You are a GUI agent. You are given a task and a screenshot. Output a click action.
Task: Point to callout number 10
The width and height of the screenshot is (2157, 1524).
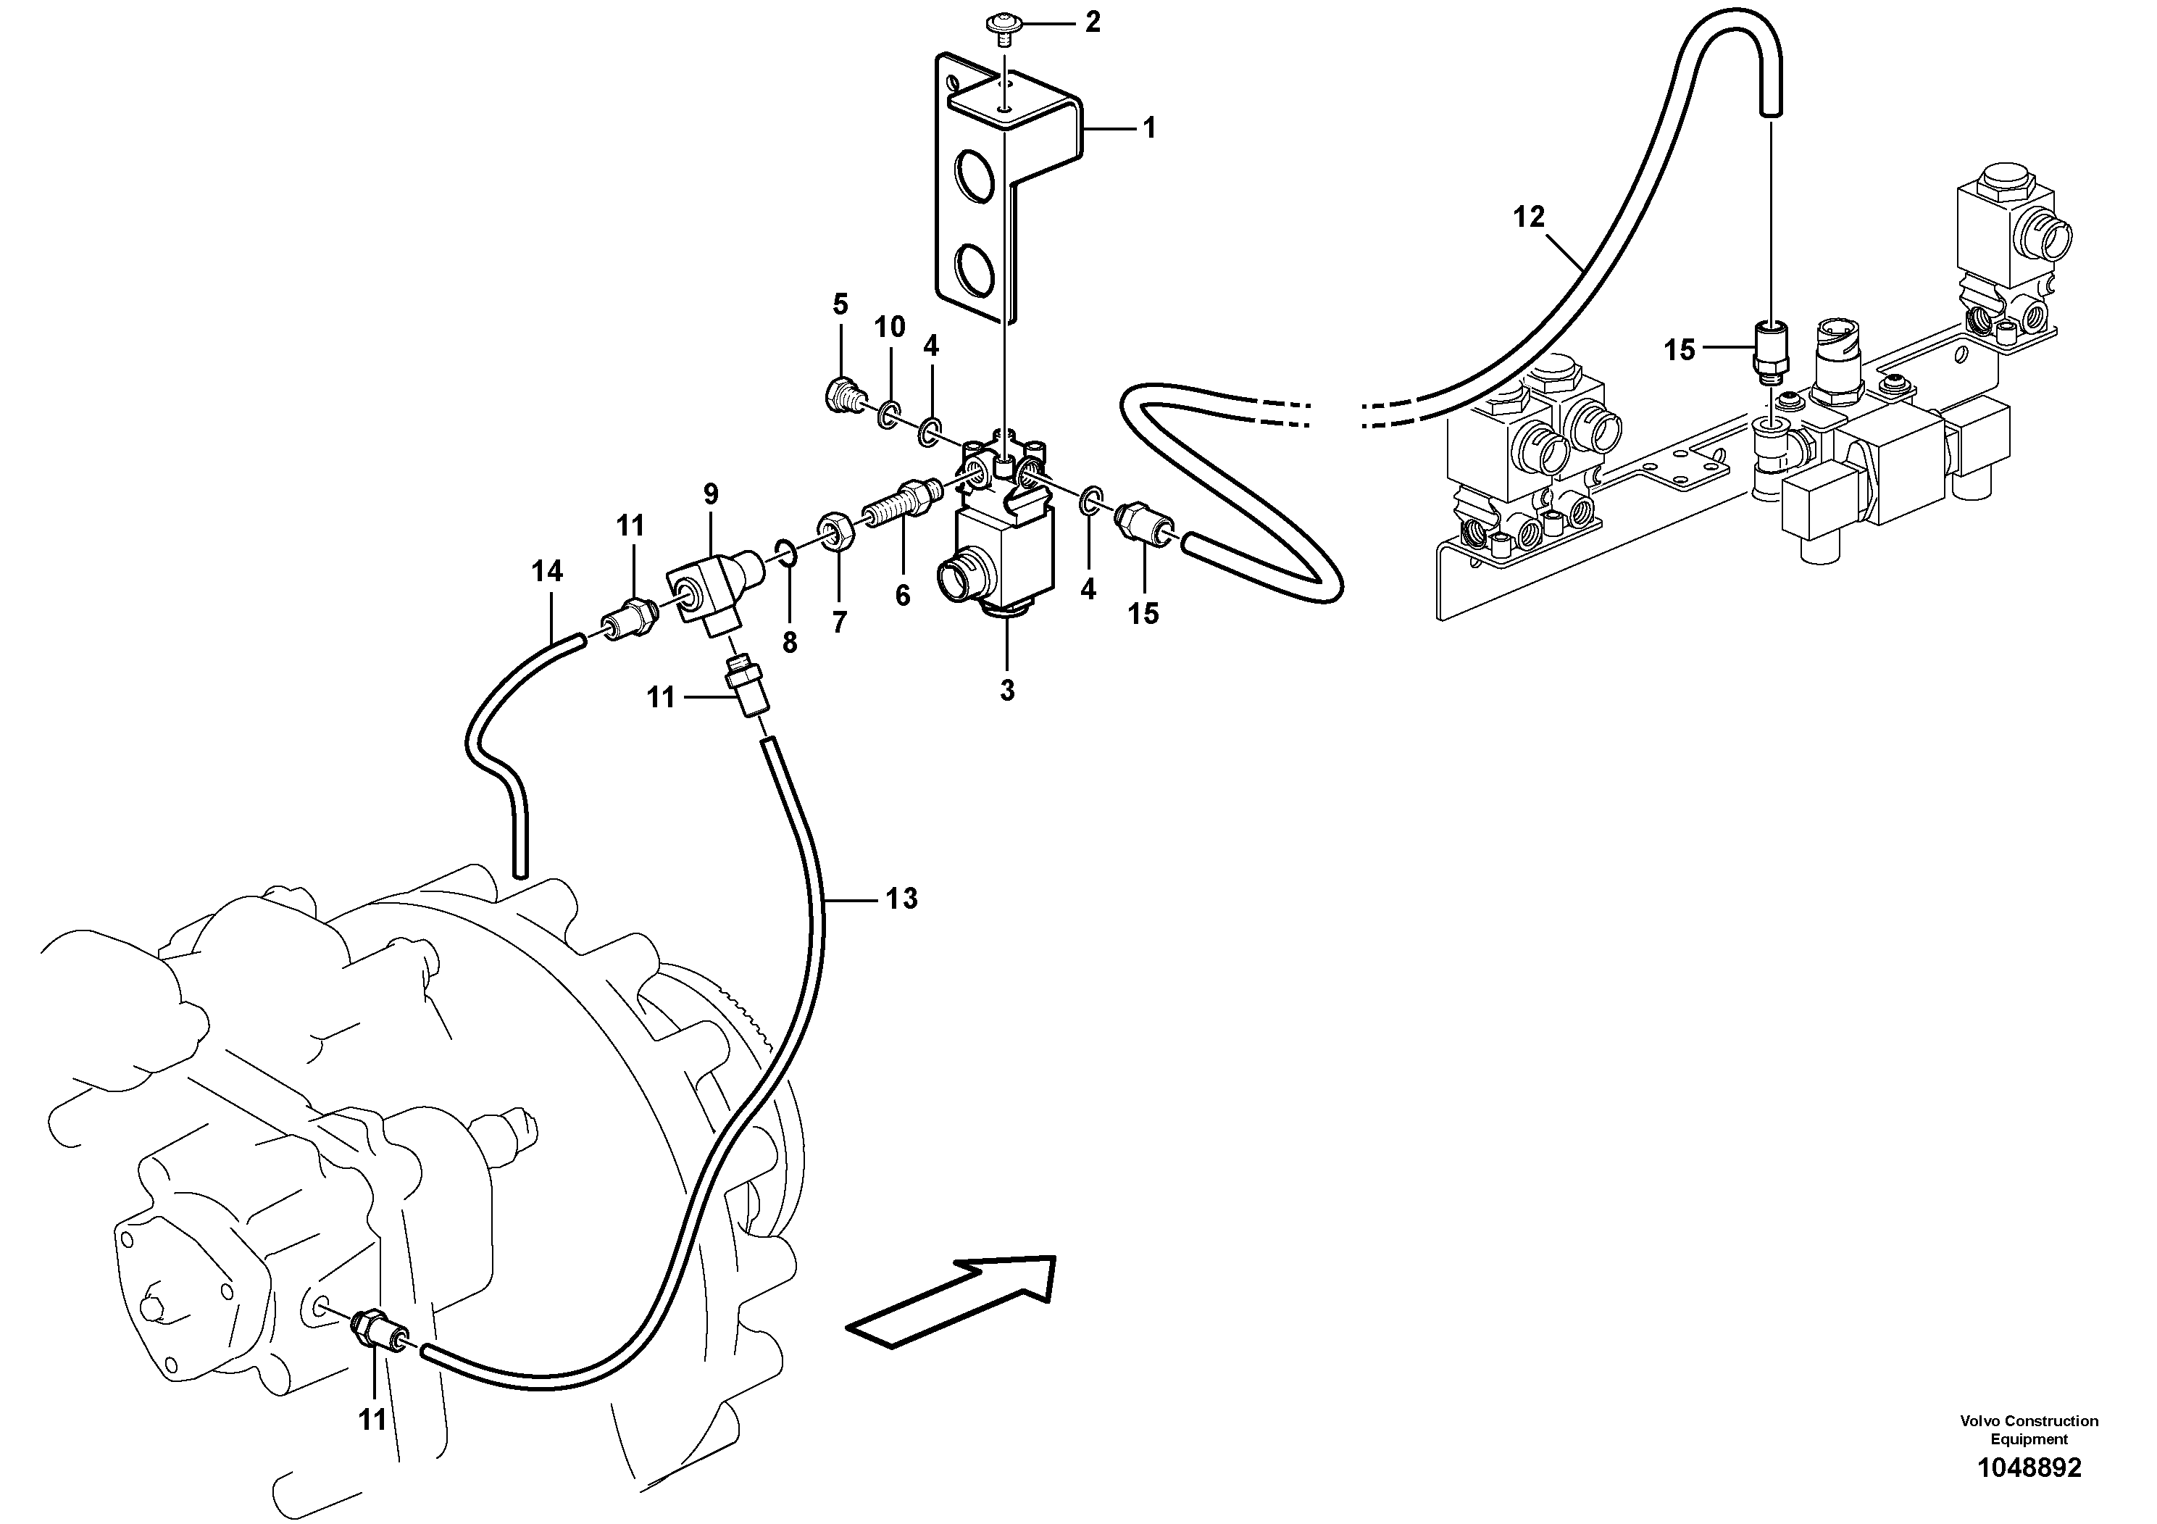[889, 327]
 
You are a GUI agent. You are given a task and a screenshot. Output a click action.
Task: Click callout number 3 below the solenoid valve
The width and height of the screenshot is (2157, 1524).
[1007, 691]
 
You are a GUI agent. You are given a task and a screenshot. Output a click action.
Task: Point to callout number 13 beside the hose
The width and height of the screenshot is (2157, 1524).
[901, 899]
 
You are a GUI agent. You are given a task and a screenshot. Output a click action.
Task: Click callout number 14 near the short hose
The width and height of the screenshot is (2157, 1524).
[547, 570]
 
